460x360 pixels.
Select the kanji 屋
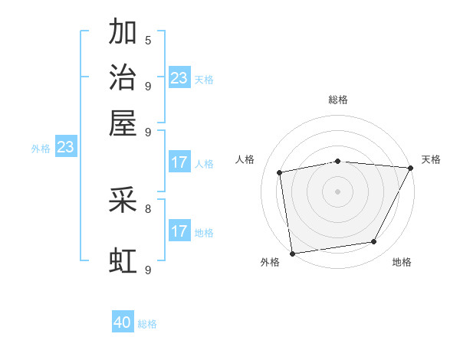pos(123,123)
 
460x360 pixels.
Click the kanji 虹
pos(123,261)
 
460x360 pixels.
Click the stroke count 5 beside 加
pos(148,40)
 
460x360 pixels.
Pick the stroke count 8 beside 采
pos(148,208)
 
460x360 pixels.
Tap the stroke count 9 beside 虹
pos(148,270)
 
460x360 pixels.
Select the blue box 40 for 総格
pos(123,322)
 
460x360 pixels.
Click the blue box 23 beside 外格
pos(65,147)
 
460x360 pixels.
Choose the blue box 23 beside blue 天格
pos(179,77)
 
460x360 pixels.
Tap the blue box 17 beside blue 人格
pos(179,162)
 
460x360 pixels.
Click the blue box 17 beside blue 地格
pos(179,231)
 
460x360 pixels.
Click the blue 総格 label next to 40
pos(147,324)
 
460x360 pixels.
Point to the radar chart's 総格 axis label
pos(337,100)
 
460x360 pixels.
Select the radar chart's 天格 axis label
pos(431,159)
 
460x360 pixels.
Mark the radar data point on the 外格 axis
pos(292,253)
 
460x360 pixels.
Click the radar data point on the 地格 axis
pos(374,242)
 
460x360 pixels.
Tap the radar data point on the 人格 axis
pos(280,172)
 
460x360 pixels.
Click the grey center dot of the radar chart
pos(337,191)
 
